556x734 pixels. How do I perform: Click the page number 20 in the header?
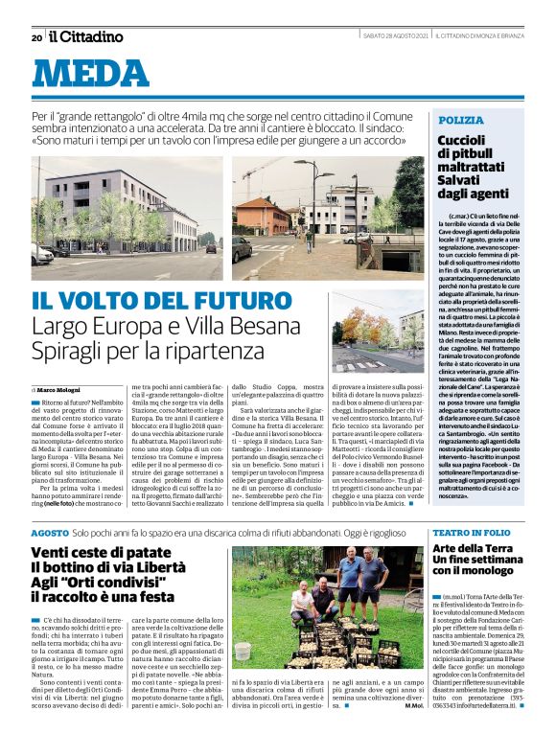[x=36, y=37]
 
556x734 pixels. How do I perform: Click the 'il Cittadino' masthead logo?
[x=86, y=36]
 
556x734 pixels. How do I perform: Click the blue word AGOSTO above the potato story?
[x=50, y=532]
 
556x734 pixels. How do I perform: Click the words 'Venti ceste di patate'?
[x=87, y=553]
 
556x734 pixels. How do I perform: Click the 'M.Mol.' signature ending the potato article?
[x=413, y=705]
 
